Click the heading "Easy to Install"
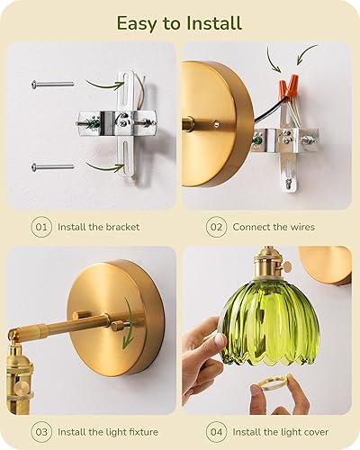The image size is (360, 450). click(180, 21)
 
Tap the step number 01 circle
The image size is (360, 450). click(42, 227)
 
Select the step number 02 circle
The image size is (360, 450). click(216, 227)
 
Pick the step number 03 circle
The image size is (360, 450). click(42, 432)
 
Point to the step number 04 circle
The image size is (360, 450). click(216, 432)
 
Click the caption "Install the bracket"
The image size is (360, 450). click(99, 227)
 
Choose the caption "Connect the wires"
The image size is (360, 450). click(274, 227)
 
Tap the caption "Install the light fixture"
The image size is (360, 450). click(108, 432)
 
